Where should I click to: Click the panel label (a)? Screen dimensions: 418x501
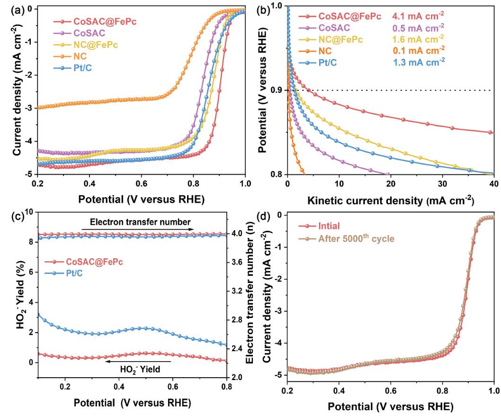pyautogui.click(x=10, y=9)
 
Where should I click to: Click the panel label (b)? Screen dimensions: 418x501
pyautogui.click(x=267, y=9)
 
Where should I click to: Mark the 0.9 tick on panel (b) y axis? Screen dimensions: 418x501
pyautogui.click(x=277, y=90)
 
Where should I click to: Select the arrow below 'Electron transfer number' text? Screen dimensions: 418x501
pyautogui.click(x=137, y=229)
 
